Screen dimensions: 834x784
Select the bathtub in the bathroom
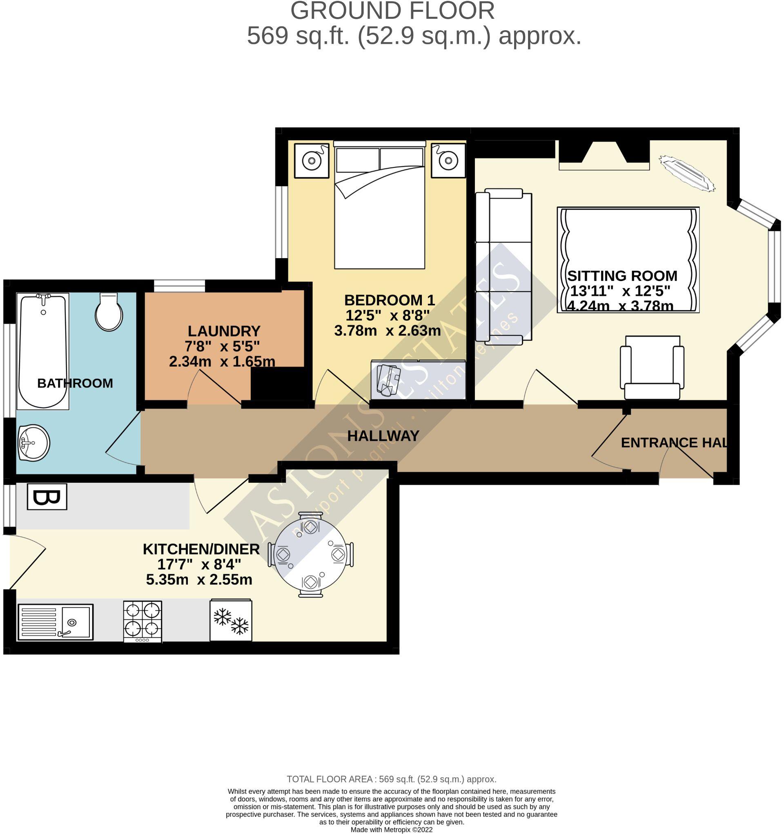tap(42, 351)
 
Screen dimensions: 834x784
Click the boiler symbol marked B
tap(47, 497)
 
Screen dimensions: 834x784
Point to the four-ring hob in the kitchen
tap(143, 621)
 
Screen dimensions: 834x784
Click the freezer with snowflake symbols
tap(231, 620)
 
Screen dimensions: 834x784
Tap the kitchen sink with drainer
tap(55, 622)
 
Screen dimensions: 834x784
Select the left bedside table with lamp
tap(311, 161)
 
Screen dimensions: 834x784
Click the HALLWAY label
tap(383, 436)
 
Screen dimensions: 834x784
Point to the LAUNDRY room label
tap(224, 331)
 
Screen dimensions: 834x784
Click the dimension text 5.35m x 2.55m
tap(199, 580)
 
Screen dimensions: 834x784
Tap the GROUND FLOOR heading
tap(392, 11)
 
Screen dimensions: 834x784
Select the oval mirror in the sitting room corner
tap(686, 173)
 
